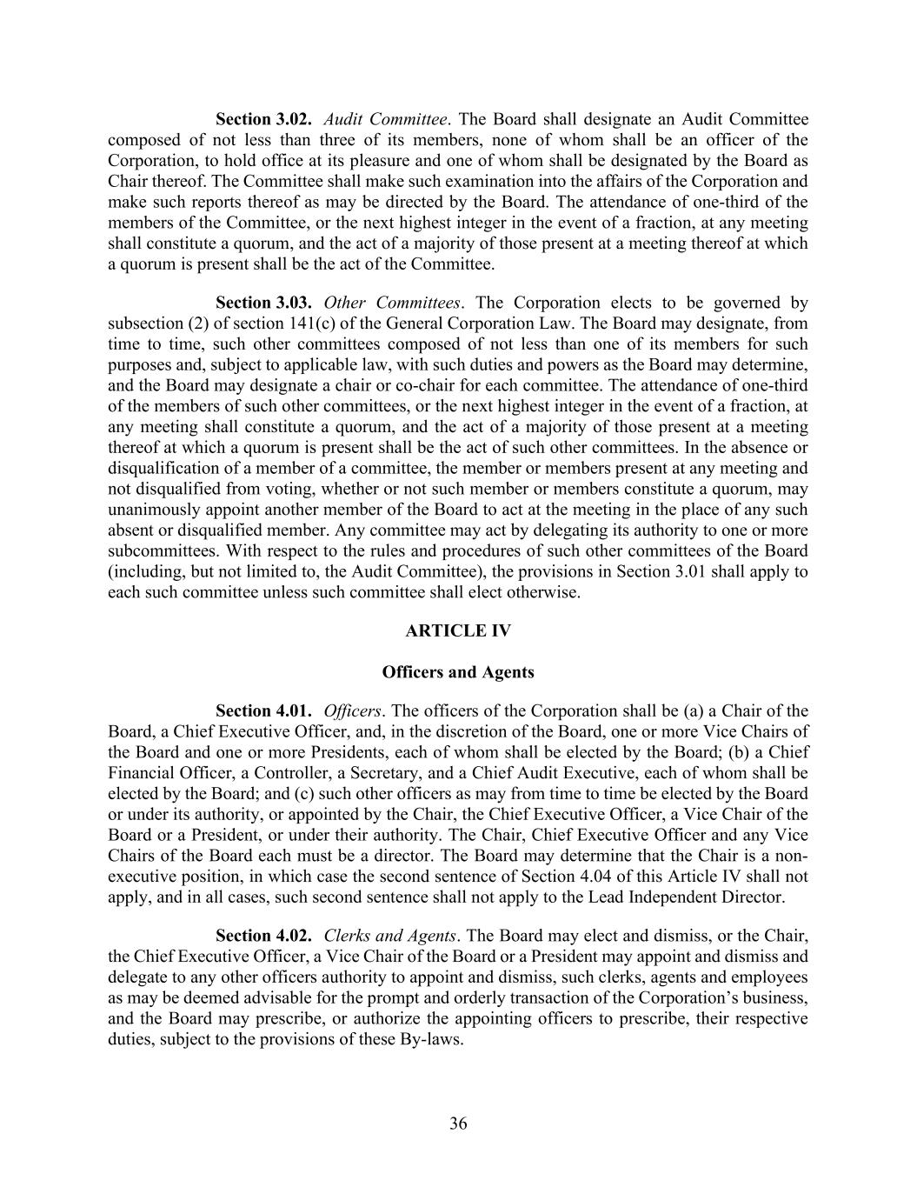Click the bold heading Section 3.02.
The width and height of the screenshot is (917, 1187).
(x=263, y=119)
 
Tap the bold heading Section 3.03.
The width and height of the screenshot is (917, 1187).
(x=263, y=303)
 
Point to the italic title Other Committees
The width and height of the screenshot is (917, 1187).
(x=392, y=303)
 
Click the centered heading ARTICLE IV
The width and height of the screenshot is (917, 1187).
(x=458, y=631)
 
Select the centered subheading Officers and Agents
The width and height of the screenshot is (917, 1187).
(x=458, y=672)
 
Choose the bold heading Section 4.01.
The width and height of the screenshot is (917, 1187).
(x=263, y=710)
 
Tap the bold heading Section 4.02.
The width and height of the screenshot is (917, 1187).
(x=263, y=936)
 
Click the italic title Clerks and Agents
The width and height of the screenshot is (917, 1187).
(x=390, y=936)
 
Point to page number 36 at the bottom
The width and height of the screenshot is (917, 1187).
(x=458, y=1124)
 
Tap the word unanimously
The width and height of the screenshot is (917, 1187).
(x=156, y=510)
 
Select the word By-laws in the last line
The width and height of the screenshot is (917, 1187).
(x=430, y=1039)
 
